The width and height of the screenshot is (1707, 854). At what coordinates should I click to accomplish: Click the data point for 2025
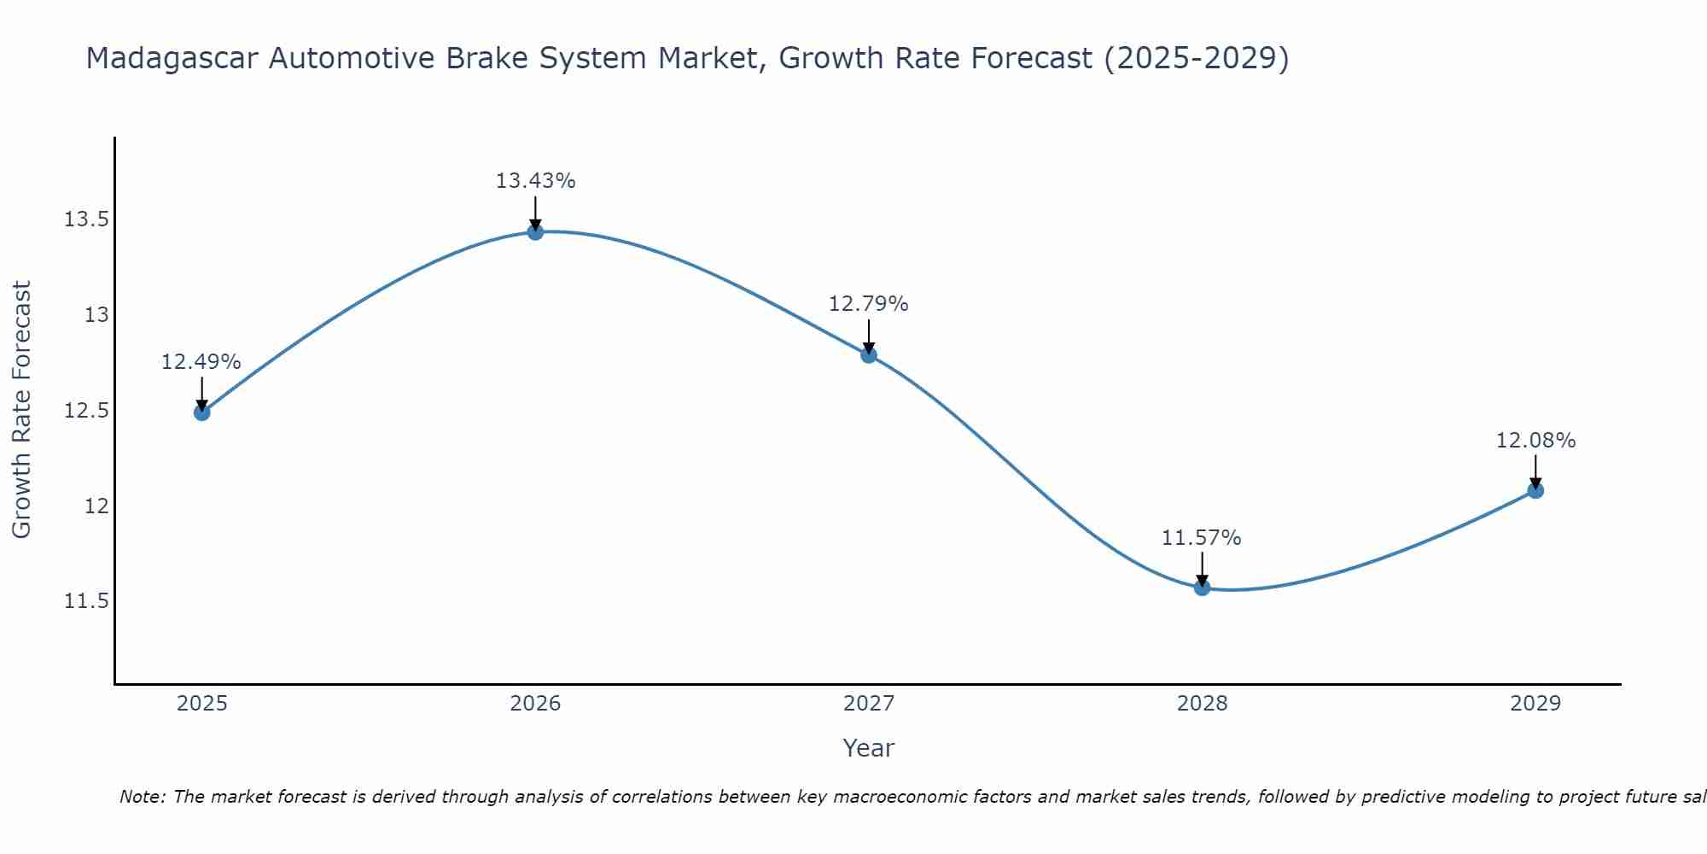(201, 412)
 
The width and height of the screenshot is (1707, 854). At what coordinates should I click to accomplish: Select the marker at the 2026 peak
(535, 231)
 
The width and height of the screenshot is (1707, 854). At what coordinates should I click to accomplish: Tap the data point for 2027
(869, 354)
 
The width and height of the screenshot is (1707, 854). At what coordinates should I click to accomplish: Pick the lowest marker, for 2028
(1202, 588)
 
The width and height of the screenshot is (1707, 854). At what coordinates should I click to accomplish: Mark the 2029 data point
(1535, 490)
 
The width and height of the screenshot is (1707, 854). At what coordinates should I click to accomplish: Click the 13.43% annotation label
(535, 181)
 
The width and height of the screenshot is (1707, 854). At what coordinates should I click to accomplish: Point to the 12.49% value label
(201, 362)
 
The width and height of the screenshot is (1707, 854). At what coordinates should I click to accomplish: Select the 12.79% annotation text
(869, 304)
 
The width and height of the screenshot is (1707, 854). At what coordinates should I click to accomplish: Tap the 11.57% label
(1202, 538)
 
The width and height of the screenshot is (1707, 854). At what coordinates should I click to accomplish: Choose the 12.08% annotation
(1535, 441)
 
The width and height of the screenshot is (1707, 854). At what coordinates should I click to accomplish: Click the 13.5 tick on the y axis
(86, 220)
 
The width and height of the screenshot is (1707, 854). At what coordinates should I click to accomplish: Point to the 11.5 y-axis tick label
(86, 602)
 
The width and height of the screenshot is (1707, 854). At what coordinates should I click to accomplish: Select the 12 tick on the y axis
(96, 506)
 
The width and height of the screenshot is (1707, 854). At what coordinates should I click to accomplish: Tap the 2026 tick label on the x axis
(535, 704)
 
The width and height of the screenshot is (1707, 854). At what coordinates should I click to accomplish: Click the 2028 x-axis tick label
(1202, 704)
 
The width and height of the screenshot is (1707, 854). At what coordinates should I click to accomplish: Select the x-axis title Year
(868, 748)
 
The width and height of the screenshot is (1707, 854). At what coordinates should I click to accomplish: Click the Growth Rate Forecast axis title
(21, 410)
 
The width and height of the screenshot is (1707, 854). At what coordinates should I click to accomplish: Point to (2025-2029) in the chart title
(1196, 58)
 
